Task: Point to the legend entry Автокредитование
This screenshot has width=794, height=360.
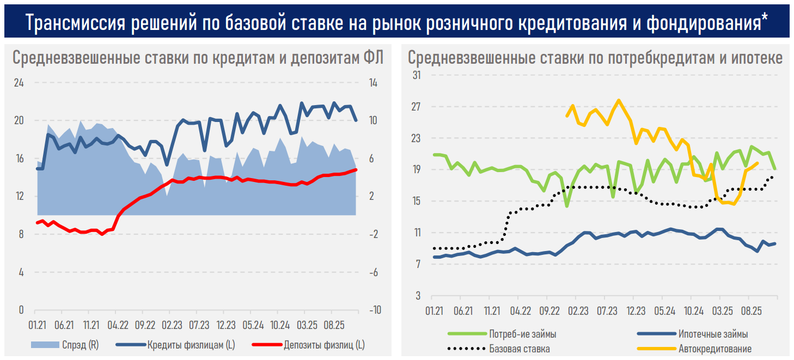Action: (x=715, y=349)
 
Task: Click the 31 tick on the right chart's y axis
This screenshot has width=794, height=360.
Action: (x=417, y=75)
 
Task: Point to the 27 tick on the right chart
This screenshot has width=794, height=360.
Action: (x=417, y=106)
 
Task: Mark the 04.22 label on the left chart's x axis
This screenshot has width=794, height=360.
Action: (x=117, y=325)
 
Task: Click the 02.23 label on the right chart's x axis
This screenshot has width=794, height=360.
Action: (x=578, y=311)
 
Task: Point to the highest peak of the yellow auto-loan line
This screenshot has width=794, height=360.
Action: (x=618, y=100)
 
